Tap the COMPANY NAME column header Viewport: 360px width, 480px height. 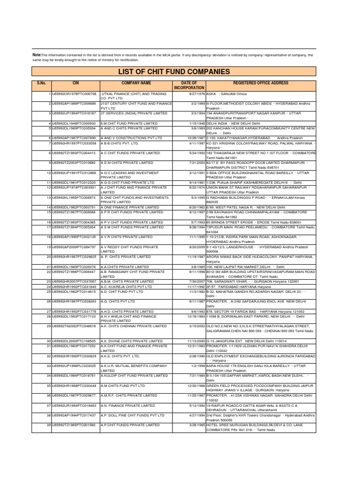136,83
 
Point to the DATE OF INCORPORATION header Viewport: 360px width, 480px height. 189,85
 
